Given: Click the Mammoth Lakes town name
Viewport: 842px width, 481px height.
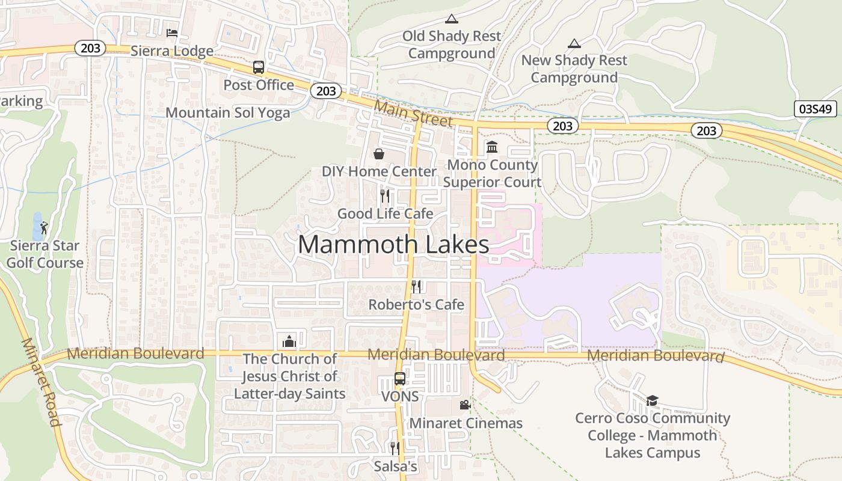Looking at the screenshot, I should [393, 245].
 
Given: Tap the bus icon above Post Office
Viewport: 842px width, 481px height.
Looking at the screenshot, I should [259, 67].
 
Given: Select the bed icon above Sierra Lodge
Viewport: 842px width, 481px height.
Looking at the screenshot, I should [172, 32].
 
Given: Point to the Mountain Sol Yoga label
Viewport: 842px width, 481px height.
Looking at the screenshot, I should [227, 112].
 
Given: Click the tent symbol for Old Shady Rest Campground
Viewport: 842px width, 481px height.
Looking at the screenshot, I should [452, 19].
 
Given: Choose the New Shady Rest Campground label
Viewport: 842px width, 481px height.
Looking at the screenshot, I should [574, 69].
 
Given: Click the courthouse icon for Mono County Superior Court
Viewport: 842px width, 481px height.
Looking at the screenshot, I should [492, 147].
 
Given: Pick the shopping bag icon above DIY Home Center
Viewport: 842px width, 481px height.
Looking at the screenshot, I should [379, 154].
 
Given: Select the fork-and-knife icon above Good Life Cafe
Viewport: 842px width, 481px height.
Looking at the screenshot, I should [385, 196].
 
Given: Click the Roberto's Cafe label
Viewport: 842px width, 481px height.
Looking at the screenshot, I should [416, 304].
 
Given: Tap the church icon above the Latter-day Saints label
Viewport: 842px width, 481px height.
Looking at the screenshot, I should [289, 342].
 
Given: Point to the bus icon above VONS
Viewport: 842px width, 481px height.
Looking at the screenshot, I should [400, 379].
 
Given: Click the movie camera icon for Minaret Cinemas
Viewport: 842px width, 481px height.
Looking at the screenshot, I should [465, 405].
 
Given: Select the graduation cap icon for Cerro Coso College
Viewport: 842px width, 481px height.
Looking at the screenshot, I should [652, 400].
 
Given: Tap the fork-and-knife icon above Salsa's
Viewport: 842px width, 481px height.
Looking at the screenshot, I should [395, 449].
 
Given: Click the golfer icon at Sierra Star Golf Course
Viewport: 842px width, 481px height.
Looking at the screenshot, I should [44, 228].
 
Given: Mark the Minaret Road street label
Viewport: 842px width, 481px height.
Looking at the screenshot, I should [41, 382].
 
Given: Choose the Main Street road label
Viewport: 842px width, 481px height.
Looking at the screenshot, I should [413, 113].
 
